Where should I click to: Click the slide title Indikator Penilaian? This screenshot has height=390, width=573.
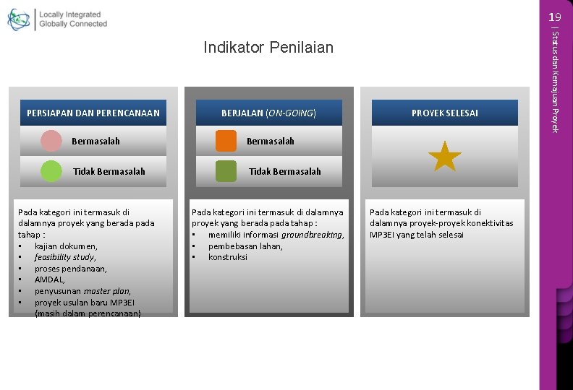268,48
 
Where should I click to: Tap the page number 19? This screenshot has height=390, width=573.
554,17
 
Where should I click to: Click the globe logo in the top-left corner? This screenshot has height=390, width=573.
19,19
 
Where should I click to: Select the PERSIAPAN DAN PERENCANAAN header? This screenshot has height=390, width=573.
93,113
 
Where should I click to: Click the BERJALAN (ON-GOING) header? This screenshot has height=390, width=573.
268,113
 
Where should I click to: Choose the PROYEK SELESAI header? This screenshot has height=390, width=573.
444,113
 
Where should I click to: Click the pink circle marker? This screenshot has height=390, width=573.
51,141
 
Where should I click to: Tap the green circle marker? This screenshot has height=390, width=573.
51,171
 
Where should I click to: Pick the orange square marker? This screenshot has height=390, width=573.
226,141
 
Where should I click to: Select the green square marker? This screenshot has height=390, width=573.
226,171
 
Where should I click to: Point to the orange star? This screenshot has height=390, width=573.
444,157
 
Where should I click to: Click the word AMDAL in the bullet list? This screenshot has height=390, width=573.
49,279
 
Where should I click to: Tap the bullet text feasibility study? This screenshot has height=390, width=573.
64,257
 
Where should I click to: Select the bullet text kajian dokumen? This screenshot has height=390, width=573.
65,246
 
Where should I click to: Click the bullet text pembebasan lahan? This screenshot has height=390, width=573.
245,246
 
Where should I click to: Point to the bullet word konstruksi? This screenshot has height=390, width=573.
227,257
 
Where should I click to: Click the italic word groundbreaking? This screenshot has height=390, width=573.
312,235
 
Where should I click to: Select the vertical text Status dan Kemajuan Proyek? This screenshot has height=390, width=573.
555,79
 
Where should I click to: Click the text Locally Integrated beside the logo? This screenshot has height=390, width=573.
69,14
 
